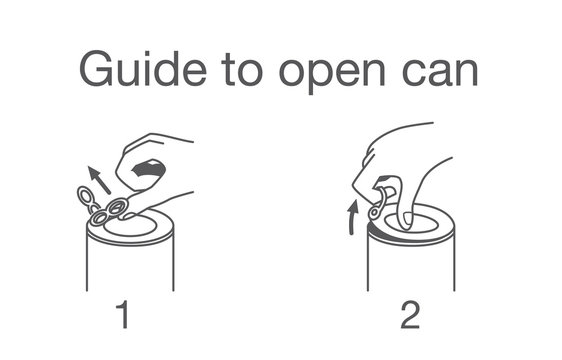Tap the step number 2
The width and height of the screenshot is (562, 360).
click(x=411, y=316)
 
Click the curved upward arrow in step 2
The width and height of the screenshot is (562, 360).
click(x=352, y=216)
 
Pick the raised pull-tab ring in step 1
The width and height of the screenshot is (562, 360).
click(x=86, y=195)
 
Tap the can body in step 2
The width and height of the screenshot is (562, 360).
click(x=411, y=265)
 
